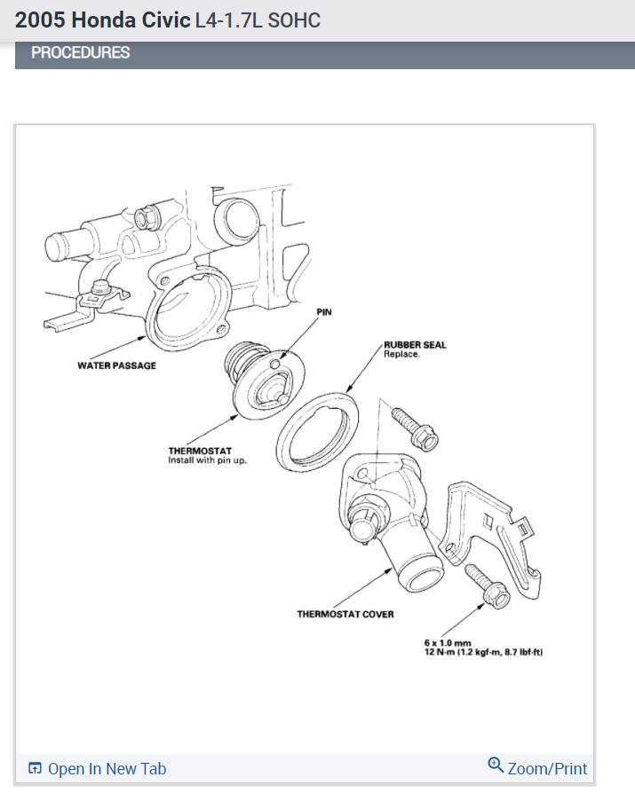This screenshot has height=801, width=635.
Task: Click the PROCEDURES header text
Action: (x=80, y=53)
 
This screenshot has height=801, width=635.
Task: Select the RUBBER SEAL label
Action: (x=414, y=345)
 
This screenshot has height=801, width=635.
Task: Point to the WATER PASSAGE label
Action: (x=116, y=365)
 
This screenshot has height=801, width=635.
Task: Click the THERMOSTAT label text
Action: (x=201, y=452)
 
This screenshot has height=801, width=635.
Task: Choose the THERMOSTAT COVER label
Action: (x=345, y=614)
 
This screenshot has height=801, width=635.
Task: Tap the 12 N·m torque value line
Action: (x=483, y=653)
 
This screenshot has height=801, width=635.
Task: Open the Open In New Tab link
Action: (x=107, y=769)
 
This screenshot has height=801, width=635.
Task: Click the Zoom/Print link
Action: (x=547, y=768)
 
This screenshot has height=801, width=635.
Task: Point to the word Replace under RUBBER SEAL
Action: (x=401, y=354)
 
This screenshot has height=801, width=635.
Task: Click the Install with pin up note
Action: (x=208, y=461)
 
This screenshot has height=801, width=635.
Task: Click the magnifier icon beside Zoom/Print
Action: (x=496, y=766)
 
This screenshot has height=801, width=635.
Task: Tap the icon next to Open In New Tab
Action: (x=36, y=769)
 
